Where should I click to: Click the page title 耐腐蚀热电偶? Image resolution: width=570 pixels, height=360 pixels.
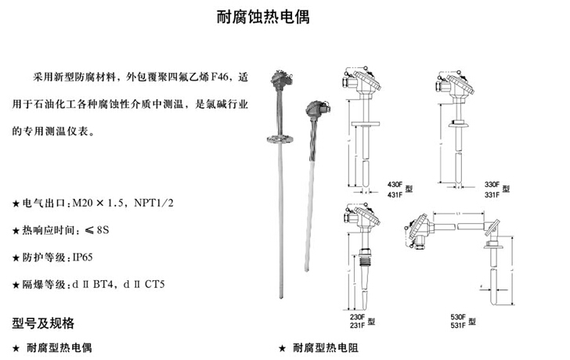point(262,17)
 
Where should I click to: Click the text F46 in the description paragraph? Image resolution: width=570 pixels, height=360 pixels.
point(223,80)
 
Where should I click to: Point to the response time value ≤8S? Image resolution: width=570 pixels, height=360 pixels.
point(97,229)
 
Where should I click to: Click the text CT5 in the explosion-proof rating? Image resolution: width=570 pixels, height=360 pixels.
point(157,283)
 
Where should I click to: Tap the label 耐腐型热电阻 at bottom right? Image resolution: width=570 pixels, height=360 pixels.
point(330,346)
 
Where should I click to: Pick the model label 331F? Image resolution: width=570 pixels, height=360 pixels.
point(492,193)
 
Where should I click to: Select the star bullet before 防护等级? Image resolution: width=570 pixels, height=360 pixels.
point(16,257)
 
